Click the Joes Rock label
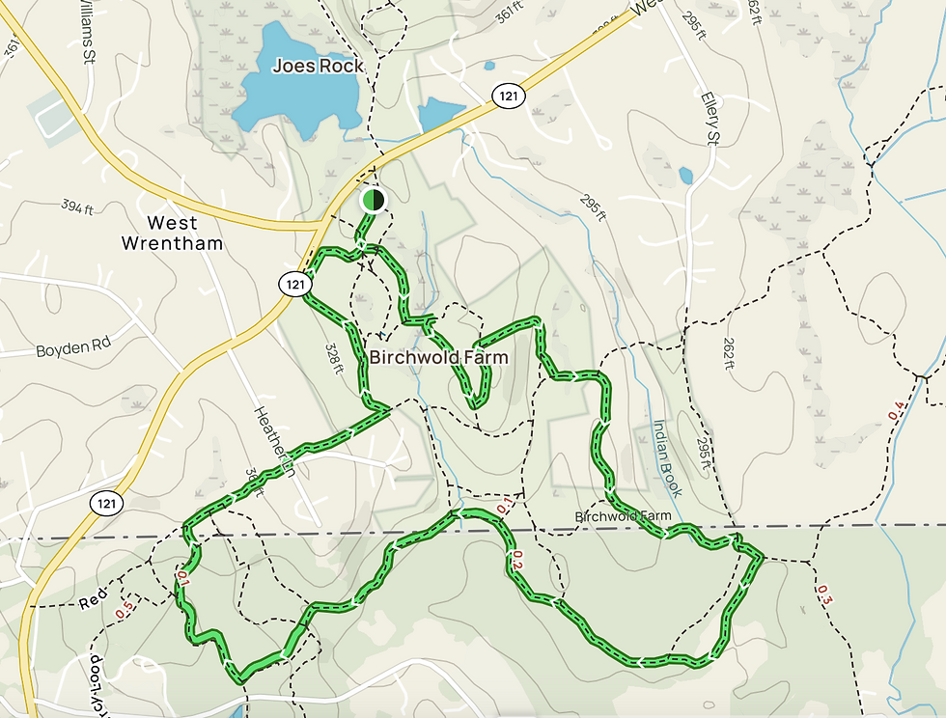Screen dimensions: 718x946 tap(318, 66)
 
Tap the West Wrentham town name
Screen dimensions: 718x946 tap(172, 233)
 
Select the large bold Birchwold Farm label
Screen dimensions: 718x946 tap(438, 358)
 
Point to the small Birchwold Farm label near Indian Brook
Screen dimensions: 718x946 tap(623, 517)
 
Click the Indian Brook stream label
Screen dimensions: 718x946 tap(667, 458)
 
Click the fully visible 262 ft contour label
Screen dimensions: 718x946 tap(729, 345)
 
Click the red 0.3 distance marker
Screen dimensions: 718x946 tap(824, 594)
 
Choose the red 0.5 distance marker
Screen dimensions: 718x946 tap(124, 611)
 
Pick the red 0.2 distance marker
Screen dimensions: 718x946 tap(517, 560)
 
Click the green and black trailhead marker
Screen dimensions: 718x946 tap(373, 200)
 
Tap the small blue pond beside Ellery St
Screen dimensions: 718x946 tap(685, 176)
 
